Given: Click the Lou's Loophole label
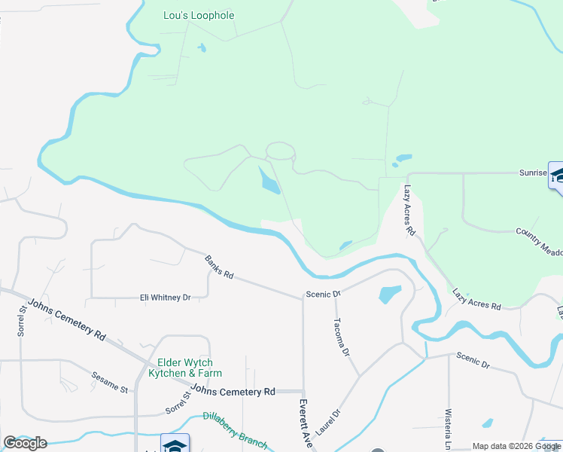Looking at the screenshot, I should (199, 15).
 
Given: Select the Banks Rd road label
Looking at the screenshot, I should (219, 267).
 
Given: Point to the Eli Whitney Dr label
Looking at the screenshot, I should (165, 298).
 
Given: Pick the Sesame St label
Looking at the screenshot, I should (110, 380).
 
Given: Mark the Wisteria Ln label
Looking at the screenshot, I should (448, 429).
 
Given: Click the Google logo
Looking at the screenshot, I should (25, 443).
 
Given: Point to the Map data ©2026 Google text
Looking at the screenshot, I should (516, 446).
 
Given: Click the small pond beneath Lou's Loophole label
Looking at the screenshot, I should (201, 49).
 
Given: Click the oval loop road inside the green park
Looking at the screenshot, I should (279, 150).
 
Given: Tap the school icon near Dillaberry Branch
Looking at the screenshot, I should (175, 445).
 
